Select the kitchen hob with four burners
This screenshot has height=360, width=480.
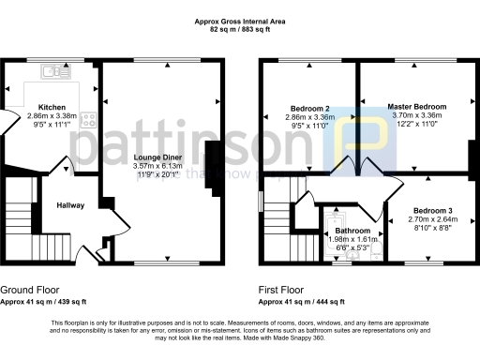click(88, 119)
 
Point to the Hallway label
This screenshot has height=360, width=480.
click(70, 205)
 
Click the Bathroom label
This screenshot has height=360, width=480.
click(353, 231)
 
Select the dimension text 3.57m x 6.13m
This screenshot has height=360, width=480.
click(164, 166)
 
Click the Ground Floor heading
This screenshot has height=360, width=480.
click(28, 291)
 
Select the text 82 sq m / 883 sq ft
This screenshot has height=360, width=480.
click(241, 29)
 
